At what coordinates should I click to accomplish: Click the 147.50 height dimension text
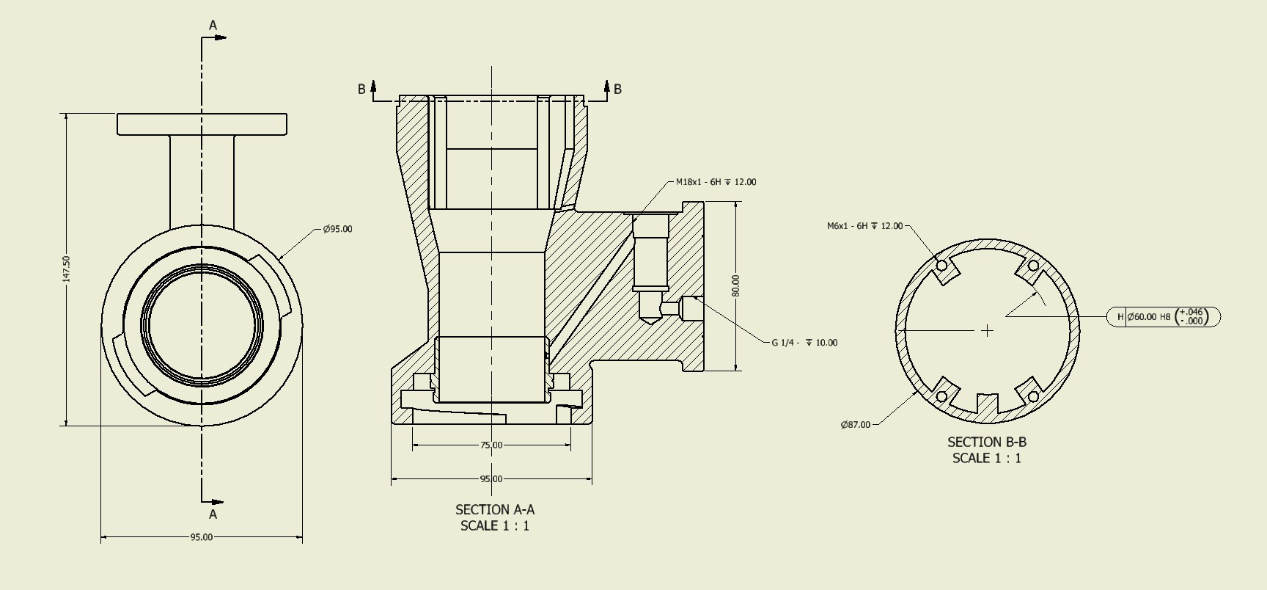click(x=67, y=269)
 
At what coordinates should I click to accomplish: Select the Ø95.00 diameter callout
click(x=337, y=229)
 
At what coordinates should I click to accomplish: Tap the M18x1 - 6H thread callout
click(x=716, y=182)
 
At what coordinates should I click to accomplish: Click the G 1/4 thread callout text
click(x=804, y=343)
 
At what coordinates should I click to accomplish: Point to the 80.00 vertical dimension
click(x=735, y=285)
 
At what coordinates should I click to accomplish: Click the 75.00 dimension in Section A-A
click(x=491, y=445)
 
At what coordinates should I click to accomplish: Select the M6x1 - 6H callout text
click(x=864, y=226)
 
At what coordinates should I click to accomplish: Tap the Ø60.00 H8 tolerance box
click(x=1164, y=317)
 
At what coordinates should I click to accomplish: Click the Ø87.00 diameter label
click(x=855, y=425)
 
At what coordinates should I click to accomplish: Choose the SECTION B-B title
click(x=987, y=442)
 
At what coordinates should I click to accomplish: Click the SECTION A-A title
click(x=495, y=509)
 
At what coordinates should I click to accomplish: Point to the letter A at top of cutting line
click(x=213, y=26)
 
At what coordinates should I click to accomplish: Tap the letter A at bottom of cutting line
click(x=213, y=514)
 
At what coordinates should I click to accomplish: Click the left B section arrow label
click(x=361, y=90)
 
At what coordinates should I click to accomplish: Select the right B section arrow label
click(x=617, y=90)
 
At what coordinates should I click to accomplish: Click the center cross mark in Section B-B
click(x=987, y=331)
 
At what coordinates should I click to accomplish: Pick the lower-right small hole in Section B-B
click(x=1033, y=397)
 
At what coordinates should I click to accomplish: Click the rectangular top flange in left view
click(x=202, y=124)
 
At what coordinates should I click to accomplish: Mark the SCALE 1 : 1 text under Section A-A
click(x=495, y=525)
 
